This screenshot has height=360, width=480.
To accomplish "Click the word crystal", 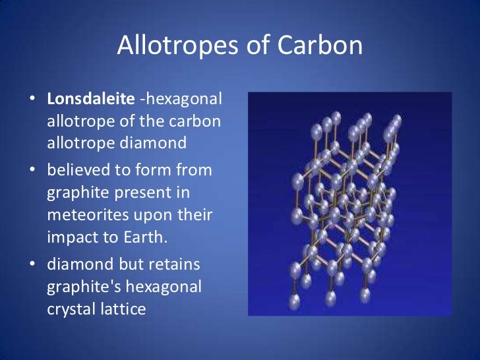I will (71, 308).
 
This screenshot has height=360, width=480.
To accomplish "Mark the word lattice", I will (122, 308).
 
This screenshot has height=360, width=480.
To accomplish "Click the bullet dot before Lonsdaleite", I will (32, 101).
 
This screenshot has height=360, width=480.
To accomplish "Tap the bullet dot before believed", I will (32, 170).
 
